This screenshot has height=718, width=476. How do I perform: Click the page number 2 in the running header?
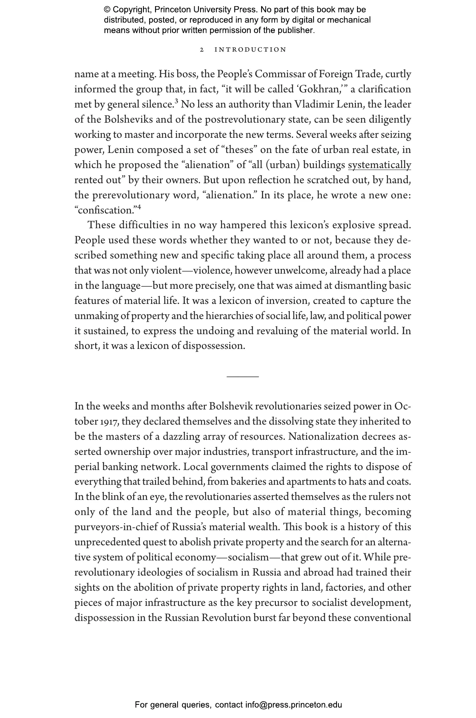[202, 50]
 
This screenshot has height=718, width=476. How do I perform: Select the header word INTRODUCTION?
[250, 50]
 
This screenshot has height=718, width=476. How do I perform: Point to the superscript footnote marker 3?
[176, 102]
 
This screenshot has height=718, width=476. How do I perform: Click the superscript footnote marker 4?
[139, 208]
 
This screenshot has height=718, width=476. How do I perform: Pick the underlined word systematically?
[379, 165]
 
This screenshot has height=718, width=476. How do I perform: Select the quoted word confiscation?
[106, 210]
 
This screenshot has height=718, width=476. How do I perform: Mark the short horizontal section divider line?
[242, 376]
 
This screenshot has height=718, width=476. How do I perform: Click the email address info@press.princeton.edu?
[293, 705]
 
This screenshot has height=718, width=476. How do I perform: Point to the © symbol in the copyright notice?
[107, 10]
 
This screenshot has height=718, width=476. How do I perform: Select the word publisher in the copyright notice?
[295, 30]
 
